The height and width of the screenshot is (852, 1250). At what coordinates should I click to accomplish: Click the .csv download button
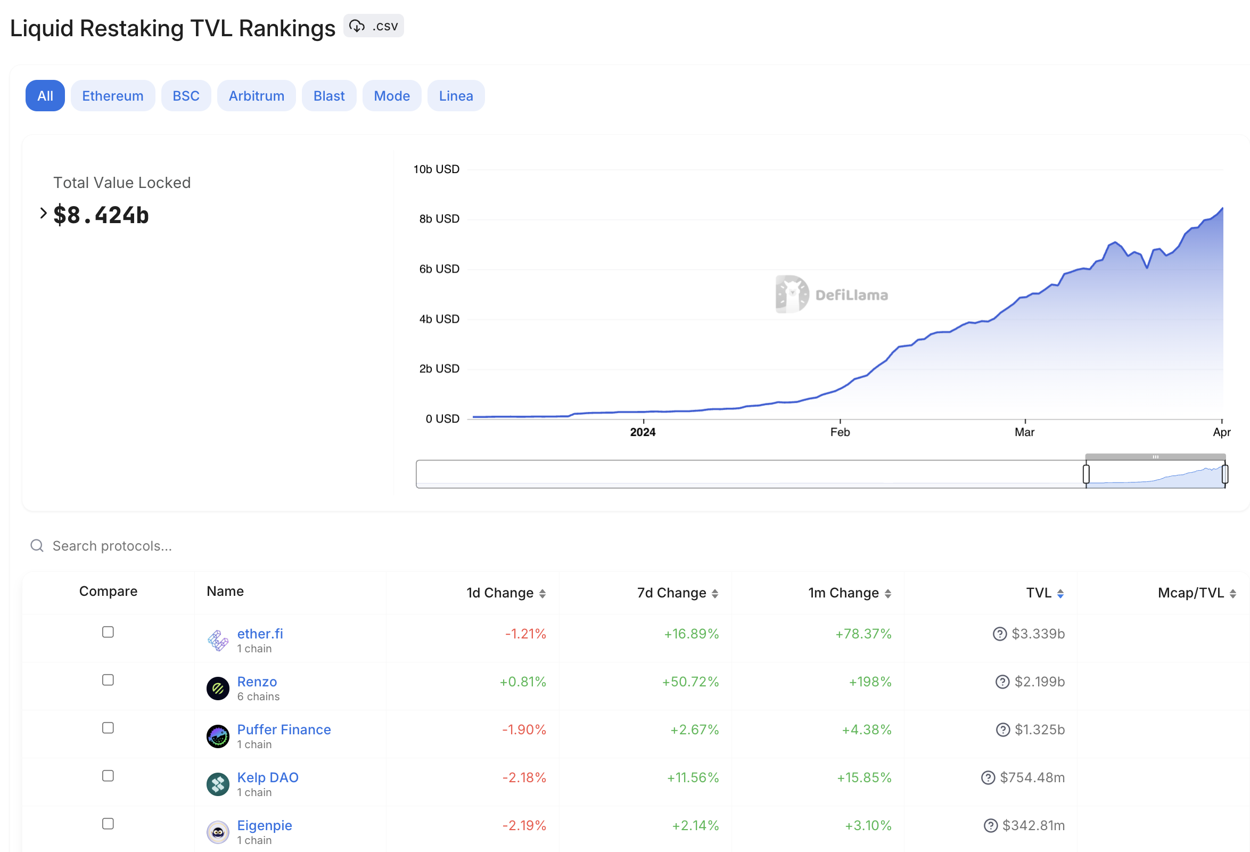374,26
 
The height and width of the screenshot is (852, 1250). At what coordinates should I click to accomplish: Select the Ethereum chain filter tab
113,96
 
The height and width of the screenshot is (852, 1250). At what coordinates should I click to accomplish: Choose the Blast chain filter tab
328,96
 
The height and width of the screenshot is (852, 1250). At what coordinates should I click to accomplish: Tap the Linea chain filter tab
456,96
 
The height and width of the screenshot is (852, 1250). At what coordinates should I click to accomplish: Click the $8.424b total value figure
101,215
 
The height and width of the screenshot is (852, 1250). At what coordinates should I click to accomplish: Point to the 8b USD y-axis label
439,219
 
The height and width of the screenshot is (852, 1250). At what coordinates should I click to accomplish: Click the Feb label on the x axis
840,432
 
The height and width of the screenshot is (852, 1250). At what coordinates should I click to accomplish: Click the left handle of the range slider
1086,474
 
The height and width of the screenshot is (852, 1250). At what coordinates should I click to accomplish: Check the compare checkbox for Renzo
108,680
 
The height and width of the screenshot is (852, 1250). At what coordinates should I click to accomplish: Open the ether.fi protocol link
260,634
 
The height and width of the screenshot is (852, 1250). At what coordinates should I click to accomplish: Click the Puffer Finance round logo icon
218,736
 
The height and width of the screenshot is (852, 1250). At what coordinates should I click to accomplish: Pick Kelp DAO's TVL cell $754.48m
1032,777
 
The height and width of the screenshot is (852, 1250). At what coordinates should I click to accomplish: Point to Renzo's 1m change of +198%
870,682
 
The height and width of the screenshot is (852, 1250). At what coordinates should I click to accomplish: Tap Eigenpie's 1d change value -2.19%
524,825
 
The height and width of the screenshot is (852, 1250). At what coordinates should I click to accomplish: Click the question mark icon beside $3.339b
999,634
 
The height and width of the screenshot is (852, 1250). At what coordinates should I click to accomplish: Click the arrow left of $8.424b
43,214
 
